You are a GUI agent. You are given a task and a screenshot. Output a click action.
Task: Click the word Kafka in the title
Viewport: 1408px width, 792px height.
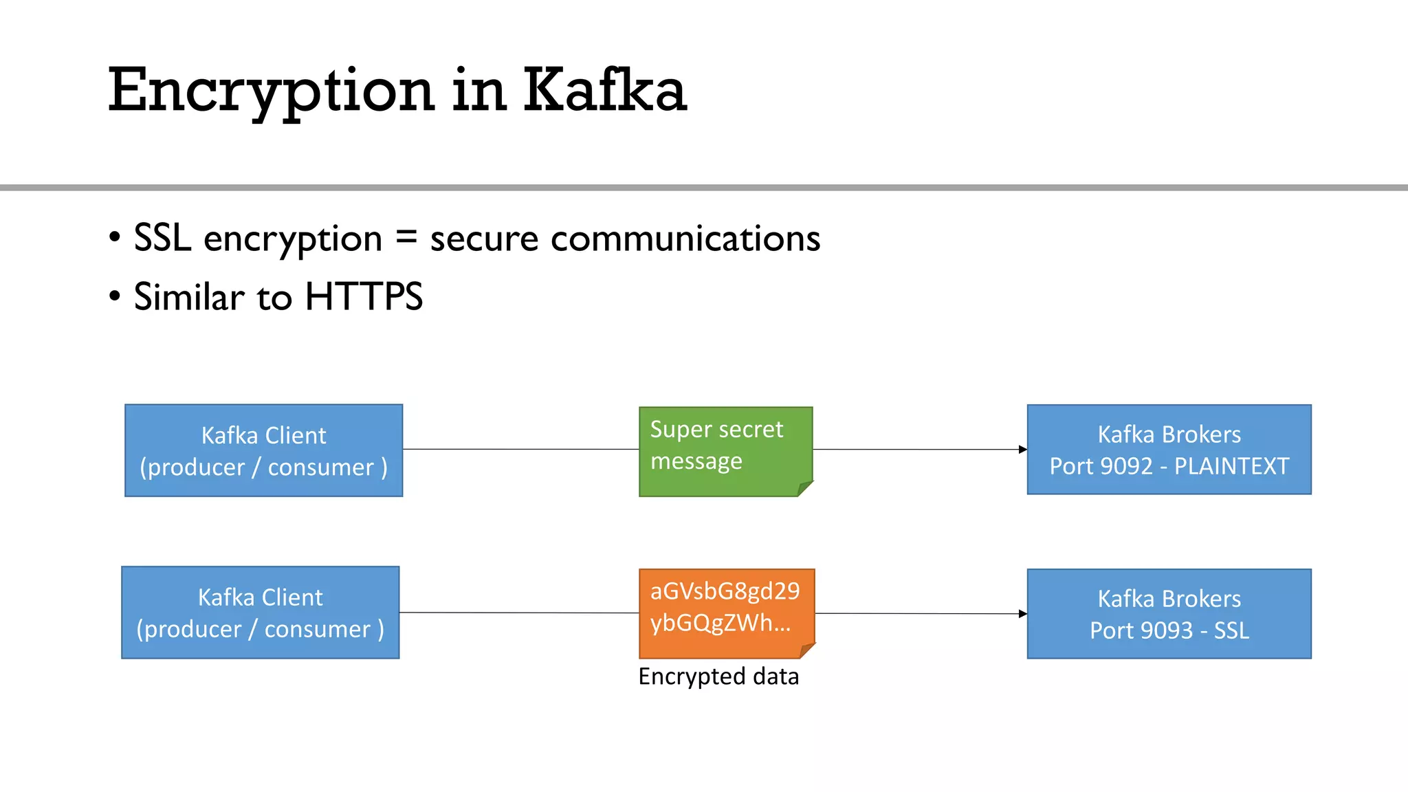pyautogui.click(x=605, y=90)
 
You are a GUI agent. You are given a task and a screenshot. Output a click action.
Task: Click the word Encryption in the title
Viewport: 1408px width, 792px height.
pyautogui.click(x=271, y=90)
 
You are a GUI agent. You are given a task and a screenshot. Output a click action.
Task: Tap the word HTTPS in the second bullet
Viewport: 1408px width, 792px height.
pyautogui.click(x=363, y=297)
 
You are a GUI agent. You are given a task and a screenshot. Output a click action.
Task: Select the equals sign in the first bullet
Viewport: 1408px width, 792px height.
pyautogui.click(x=406, y=238)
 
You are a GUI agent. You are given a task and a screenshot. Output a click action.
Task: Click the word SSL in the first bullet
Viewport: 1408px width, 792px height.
pyautogui.click(x=162, y=238)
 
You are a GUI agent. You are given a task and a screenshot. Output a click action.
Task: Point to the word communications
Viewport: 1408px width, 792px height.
pyautogui.click(x=685, y=239)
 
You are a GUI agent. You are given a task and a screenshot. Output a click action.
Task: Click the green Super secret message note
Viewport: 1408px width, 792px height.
pyautogui.click(x=725, y=451)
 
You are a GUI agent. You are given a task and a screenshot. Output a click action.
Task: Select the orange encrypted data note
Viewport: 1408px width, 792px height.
pyautogui.click(x=726, y=613)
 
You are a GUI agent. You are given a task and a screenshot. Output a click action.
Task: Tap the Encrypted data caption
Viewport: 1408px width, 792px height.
pyautogui.click(x=718, y=676)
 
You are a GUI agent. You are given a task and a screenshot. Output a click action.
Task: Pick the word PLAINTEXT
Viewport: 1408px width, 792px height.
pyautogui.click(x=1231, y=466)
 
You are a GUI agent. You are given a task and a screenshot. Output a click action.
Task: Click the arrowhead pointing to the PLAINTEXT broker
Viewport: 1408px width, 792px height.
pyautogui.click(x=1023, y=450)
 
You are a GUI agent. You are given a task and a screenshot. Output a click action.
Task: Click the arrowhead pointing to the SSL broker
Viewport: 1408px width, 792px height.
pyautogui.click(x=1023, y=614)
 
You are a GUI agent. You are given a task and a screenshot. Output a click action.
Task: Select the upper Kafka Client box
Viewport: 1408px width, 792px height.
pyautogui.click(x=263, y=450)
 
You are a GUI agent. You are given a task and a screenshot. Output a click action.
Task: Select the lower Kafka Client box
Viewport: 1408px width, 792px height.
pyautogui.click(x=260, y=613)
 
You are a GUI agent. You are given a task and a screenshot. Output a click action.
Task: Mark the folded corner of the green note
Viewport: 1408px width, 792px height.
pyautogui.click(x=804, y=488)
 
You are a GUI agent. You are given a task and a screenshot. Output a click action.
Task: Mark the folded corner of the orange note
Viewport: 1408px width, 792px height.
pyautogui.click(x=807, y=650)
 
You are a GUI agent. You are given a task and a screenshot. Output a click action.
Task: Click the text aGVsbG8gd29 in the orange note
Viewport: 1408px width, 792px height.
pyautogui.click(x=725, y=591)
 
